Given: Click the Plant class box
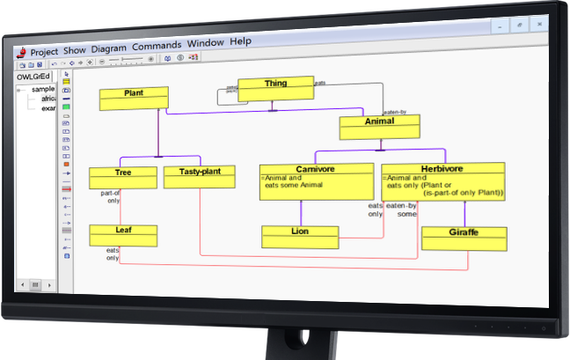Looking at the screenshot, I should click(134, 99).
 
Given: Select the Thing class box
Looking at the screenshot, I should click(275, 89).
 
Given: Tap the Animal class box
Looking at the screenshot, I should click(379, 128).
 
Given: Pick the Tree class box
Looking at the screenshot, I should click(123, 178).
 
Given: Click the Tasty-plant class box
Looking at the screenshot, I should click(200, 178).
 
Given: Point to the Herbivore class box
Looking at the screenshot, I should click(442, 180).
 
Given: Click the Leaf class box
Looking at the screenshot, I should click(123, 235).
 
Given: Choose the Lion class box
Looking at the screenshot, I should click(300, 237).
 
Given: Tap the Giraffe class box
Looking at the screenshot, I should click(464, 239).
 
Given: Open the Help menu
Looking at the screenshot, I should click(241, 41).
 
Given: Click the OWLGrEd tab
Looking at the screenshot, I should click(34, 76).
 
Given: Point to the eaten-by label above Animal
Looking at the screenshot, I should click(392, 113).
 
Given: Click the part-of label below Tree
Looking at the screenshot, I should click(110, 192).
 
